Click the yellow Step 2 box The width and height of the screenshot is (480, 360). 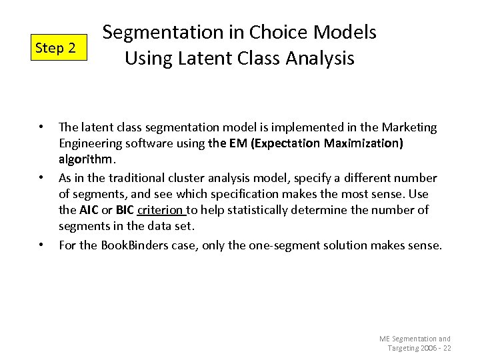(x=59, y=48)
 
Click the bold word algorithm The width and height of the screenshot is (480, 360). (x=87, y=160)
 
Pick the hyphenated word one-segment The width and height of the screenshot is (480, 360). (x=277, y=245)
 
